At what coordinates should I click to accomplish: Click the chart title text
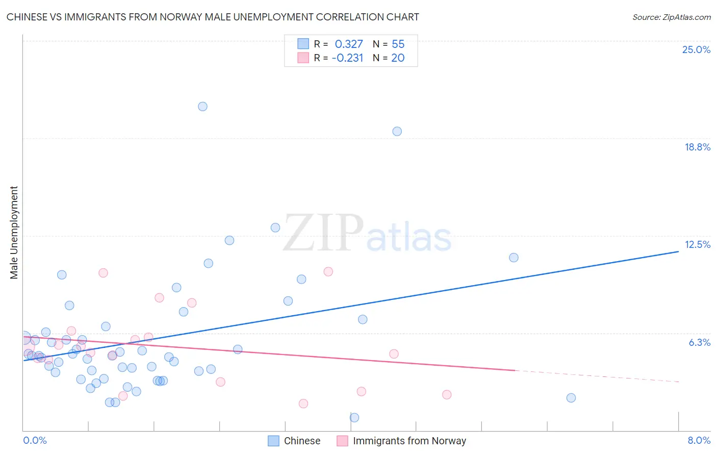coord(213,17)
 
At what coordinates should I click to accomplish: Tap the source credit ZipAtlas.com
coord(671,17)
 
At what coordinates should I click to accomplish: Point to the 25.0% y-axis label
coord(696,49)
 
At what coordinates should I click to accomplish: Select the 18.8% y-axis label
coord(697,147)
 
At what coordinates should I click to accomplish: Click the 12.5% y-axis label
coord(697,244)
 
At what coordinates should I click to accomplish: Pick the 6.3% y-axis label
coord(699,342)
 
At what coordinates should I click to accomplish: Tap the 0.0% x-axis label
coord(35,440)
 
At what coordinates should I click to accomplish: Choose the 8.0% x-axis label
coord(699,440)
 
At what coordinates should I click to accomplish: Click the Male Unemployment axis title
coord(14,233)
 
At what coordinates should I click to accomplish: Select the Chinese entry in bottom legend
coord(302,441)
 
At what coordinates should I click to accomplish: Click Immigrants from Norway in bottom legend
coord(409,441)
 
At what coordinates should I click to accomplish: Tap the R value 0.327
coord(349,44)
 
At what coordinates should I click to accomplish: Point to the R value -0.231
coord(347,58)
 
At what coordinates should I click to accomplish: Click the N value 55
coord(398,44)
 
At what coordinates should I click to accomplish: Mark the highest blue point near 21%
coord(202,107)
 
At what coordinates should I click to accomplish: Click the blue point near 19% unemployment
coord(397,131)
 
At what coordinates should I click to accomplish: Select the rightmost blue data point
coord(571,398)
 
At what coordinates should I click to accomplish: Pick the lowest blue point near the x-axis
coord(354,417)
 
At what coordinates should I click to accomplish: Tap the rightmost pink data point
coord(447,394)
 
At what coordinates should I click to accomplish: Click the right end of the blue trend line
coord(678,251)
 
